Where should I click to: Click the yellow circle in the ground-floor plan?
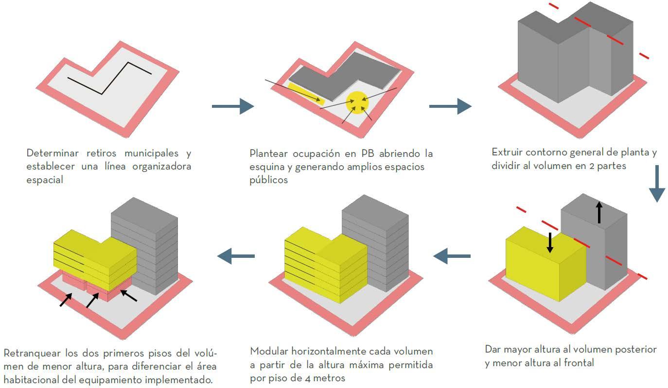[357, 102]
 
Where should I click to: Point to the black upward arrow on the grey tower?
[599, 213]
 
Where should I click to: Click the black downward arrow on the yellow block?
[550, 243]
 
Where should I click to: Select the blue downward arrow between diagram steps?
[657, 184]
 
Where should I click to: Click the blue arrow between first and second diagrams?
[232, 106]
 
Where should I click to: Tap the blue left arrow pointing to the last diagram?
[236, 255]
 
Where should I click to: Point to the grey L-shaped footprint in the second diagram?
[340, 73]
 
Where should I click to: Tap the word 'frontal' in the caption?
[577, 363]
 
